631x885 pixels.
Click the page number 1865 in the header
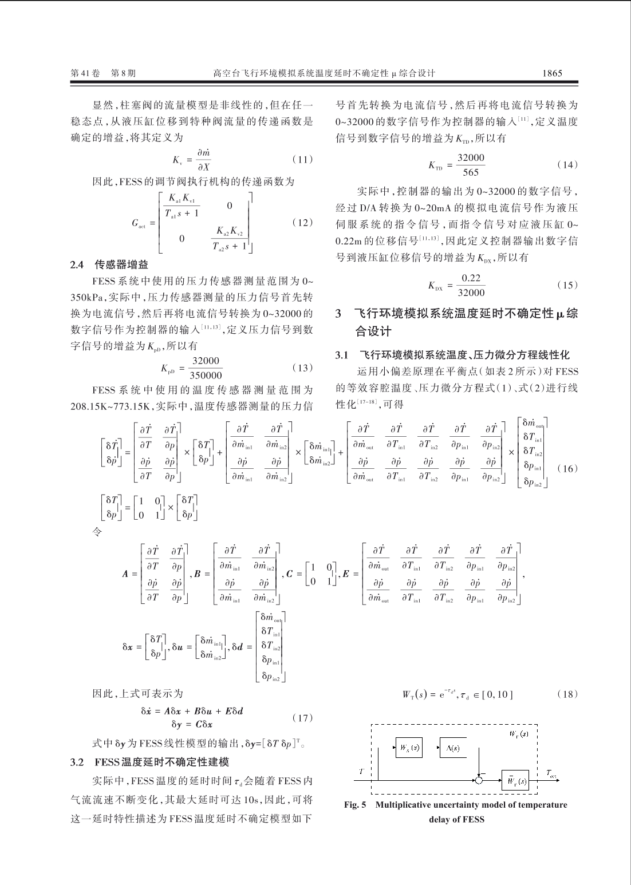[552, 73]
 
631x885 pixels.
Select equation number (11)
[302, 159]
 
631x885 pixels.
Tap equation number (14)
[567, 165]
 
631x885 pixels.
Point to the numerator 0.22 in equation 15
[471, 278]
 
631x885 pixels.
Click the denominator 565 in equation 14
[470, 172]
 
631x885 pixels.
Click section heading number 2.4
[77, 264]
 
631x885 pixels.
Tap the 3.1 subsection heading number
[342, 355]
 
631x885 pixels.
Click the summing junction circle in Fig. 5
[479, 779]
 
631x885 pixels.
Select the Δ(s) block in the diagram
[453, 748]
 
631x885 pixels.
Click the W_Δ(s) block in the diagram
[407, 748]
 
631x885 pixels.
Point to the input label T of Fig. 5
[361, 772]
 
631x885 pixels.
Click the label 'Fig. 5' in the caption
[354, 805]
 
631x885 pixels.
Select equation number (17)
[302, 717]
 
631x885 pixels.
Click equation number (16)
[567, 468]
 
